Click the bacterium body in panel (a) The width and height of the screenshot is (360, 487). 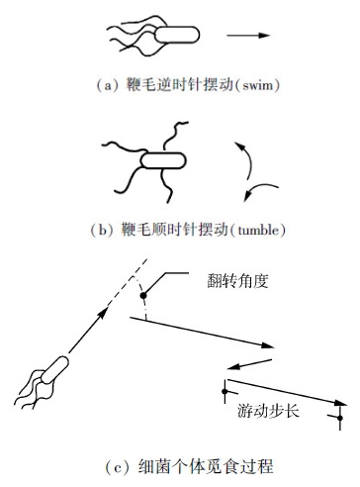(177, 35)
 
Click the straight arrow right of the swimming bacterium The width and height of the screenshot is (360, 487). (248, 35)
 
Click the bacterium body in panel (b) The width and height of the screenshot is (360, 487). (163, 160)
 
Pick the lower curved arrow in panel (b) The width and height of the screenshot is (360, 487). (259, 190)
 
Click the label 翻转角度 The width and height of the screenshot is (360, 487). (237, 281)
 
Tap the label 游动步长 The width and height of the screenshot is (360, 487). (268, 411)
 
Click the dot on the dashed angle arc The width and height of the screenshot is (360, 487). (143, 295)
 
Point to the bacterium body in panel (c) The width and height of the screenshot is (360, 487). (54, 370)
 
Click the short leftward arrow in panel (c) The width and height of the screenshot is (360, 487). (249, 364)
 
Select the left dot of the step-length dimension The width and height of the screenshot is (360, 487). (225, 392)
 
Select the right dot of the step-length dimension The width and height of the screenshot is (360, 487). (340, 418)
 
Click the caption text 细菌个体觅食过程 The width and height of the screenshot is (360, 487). (206, 467)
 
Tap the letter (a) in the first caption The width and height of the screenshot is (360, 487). (108, 85)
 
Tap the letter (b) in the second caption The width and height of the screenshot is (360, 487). (103, 230)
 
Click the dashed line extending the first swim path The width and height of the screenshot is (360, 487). (128, 281)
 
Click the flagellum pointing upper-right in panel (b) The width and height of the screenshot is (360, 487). (174, 137)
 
